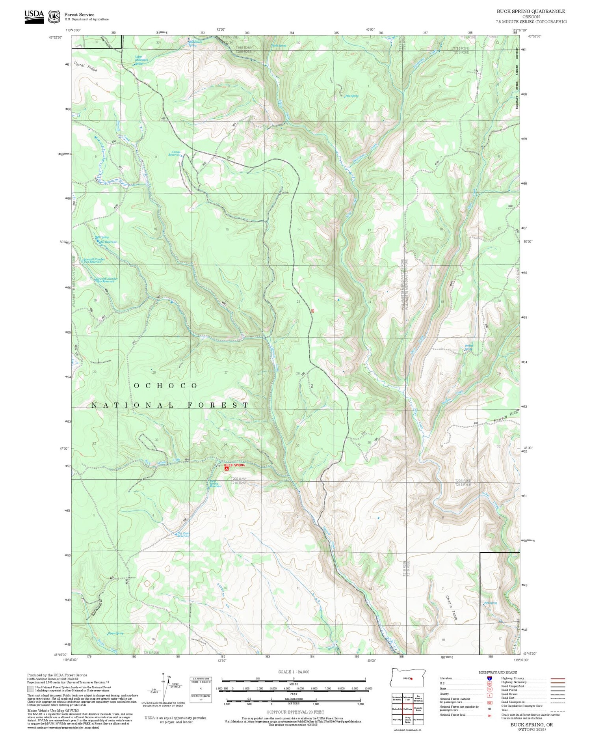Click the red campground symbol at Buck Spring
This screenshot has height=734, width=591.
tap(226, 469)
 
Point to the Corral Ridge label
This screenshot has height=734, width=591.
tap(85, 67)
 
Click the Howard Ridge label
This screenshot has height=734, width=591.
tap(506, 416)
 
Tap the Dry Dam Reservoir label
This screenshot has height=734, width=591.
tap(183, 535)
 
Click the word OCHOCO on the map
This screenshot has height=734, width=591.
tap(165, 386)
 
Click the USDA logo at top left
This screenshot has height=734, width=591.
tap(34, 16)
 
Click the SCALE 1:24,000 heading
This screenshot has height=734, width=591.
tap(294, 672)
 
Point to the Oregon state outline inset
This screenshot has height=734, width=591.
tap(407, 677)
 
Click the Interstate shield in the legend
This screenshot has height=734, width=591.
tap(489, 678)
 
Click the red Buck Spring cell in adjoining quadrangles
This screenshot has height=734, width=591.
tap(407, 709)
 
